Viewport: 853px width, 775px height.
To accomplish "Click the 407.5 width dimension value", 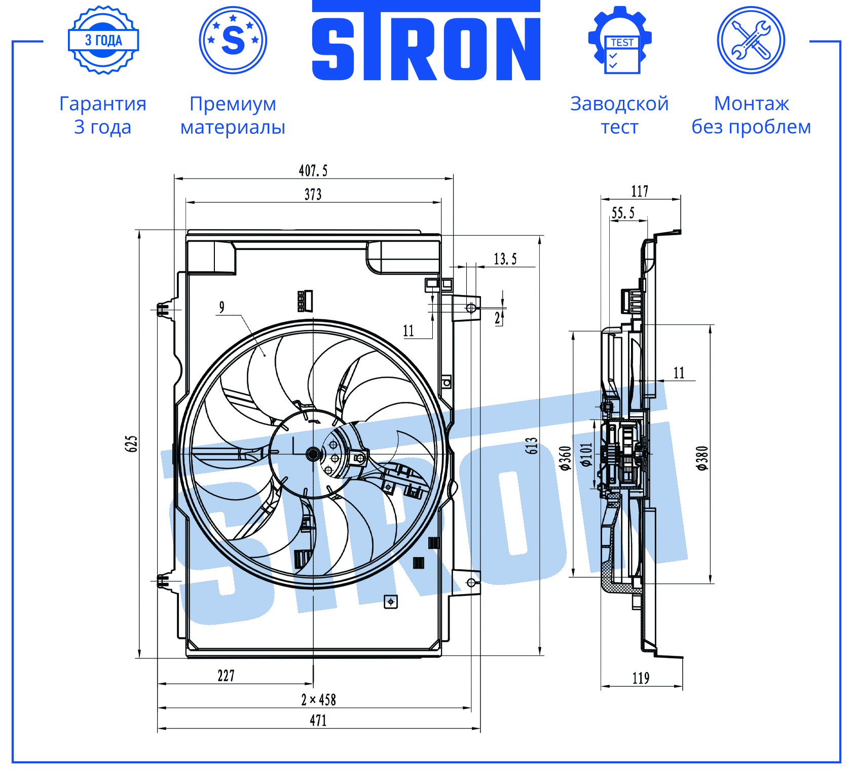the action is pyautogui.click(x=313, y=170).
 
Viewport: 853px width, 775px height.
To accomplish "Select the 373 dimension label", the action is pyautogui.click(x=313, y=195).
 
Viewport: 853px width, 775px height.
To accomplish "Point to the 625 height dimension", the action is pyautogui.click(x=131, y=444).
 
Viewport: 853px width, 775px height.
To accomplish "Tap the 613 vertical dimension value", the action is pyautogui.click(x=531, y=445).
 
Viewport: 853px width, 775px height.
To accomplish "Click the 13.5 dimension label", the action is pyautogui.click(x=505, y=259).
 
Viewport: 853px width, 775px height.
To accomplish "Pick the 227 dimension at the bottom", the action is pyautogui.click(x=226, y=676).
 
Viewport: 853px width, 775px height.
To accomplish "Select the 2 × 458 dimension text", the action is pyautogui.click(x=318, y=700).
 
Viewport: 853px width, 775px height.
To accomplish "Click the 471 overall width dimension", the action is pyautogui.click(x=318, y=720).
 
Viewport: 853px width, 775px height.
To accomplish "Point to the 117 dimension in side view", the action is pyautogui.click(x=640, y=192).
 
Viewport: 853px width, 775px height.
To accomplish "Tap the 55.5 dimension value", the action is pyautogui.click(x=623, y=213).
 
